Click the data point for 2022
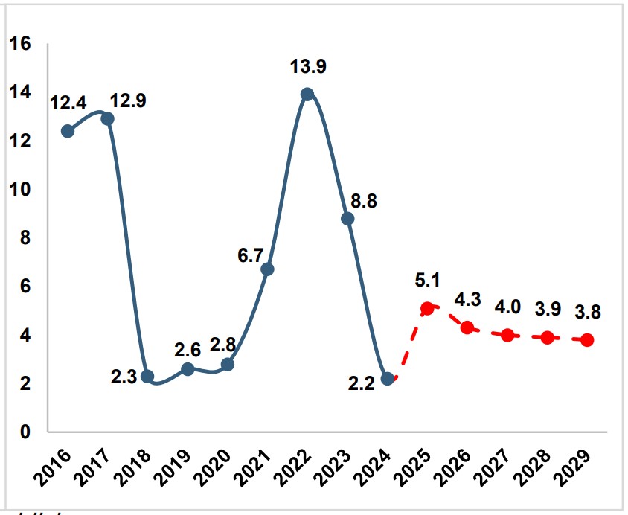[x=307, y=95]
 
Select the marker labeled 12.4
[x=68, y=131]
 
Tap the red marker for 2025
[x=427, y=308]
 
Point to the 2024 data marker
[x=387, y=379]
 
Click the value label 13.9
[x=307, y=68]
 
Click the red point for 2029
[x=587, y=340]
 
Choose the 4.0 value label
[x=507, y=307]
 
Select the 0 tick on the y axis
[x=26, y=432]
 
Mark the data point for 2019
[x=188, y=369]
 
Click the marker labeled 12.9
[x=107, y=119]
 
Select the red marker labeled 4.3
[x=467, y=327]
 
